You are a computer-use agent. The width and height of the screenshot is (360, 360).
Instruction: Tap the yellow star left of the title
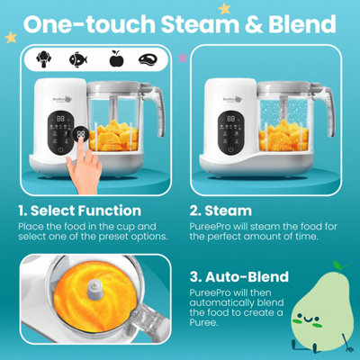11,38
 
